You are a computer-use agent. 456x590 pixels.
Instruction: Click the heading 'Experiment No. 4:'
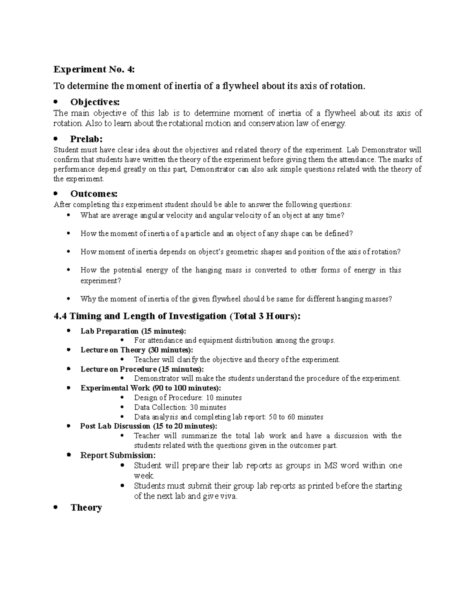click(x=94, y=70)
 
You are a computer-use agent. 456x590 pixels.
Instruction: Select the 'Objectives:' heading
click(x=95, y=102)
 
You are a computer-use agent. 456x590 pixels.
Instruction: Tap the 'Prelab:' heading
click(x=86, y=139)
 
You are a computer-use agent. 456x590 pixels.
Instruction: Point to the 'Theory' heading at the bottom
click(x=86, y=508)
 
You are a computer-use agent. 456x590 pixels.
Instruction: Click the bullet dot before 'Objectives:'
click(x=56, y=102)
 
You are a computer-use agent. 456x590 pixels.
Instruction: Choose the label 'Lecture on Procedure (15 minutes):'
click(x=142, y=369)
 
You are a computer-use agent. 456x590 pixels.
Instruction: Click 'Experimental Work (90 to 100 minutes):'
click(x=150, y=388)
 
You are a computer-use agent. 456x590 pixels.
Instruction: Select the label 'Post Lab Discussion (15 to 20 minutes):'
click(x=149, y=426)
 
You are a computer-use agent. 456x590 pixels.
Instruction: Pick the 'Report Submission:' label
click(x=118, y=455)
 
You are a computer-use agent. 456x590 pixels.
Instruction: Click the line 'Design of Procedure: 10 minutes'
click(x=188, y=398)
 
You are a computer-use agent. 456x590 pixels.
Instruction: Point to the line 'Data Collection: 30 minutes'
click(x=180, y=407)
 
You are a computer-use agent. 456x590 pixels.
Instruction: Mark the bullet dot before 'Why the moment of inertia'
click(x=69, y=299)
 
